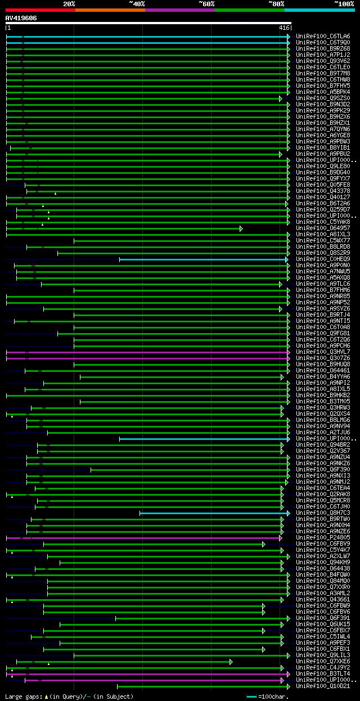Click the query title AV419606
(21, 18)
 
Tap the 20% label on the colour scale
(69, 3)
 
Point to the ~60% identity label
(206, 3)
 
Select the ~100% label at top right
(344, 3)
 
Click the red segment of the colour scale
(39, 10)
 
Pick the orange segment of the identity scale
(110, 10)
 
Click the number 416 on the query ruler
(284, 27)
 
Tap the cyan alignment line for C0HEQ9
(202, 259)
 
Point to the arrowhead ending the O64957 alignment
(241, 228)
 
